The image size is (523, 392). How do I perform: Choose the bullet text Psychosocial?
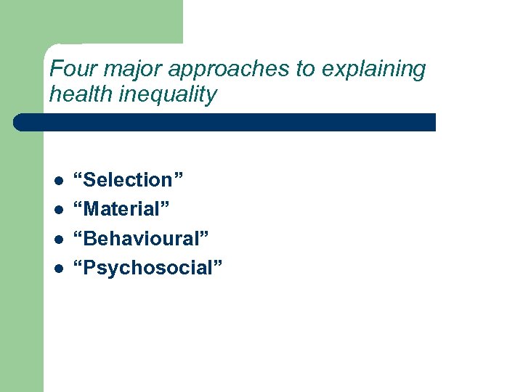coord(152,268)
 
